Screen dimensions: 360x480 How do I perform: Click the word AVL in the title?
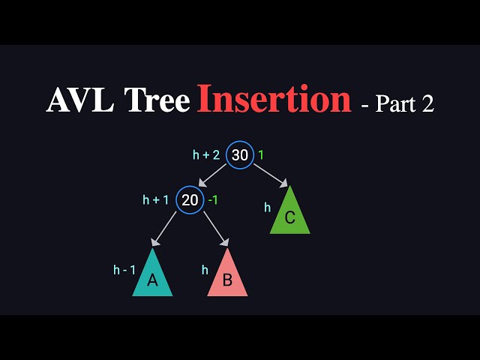[x=74, y=100]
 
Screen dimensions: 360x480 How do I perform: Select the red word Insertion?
[x=274, y=100]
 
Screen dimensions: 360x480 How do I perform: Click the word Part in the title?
[x=394, y=103]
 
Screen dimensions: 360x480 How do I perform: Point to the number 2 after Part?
[x=427, y=103]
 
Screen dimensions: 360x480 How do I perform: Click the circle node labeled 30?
[x=240, y=155]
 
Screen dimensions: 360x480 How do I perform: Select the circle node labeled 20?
[x=190, y=200]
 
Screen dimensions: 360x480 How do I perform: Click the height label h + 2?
[x=206, y=155]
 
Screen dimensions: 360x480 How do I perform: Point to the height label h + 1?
[x=156, y=200]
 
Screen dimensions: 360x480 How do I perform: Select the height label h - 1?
[x=124, y=270]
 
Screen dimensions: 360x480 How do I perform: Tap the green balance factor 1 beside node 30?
[x=261, y=155]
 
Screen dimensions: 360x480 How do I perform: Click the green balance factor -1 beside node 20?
[x=212, y=200]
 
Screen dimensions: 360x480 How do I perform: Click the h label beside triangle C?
[x=267, y=208]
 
